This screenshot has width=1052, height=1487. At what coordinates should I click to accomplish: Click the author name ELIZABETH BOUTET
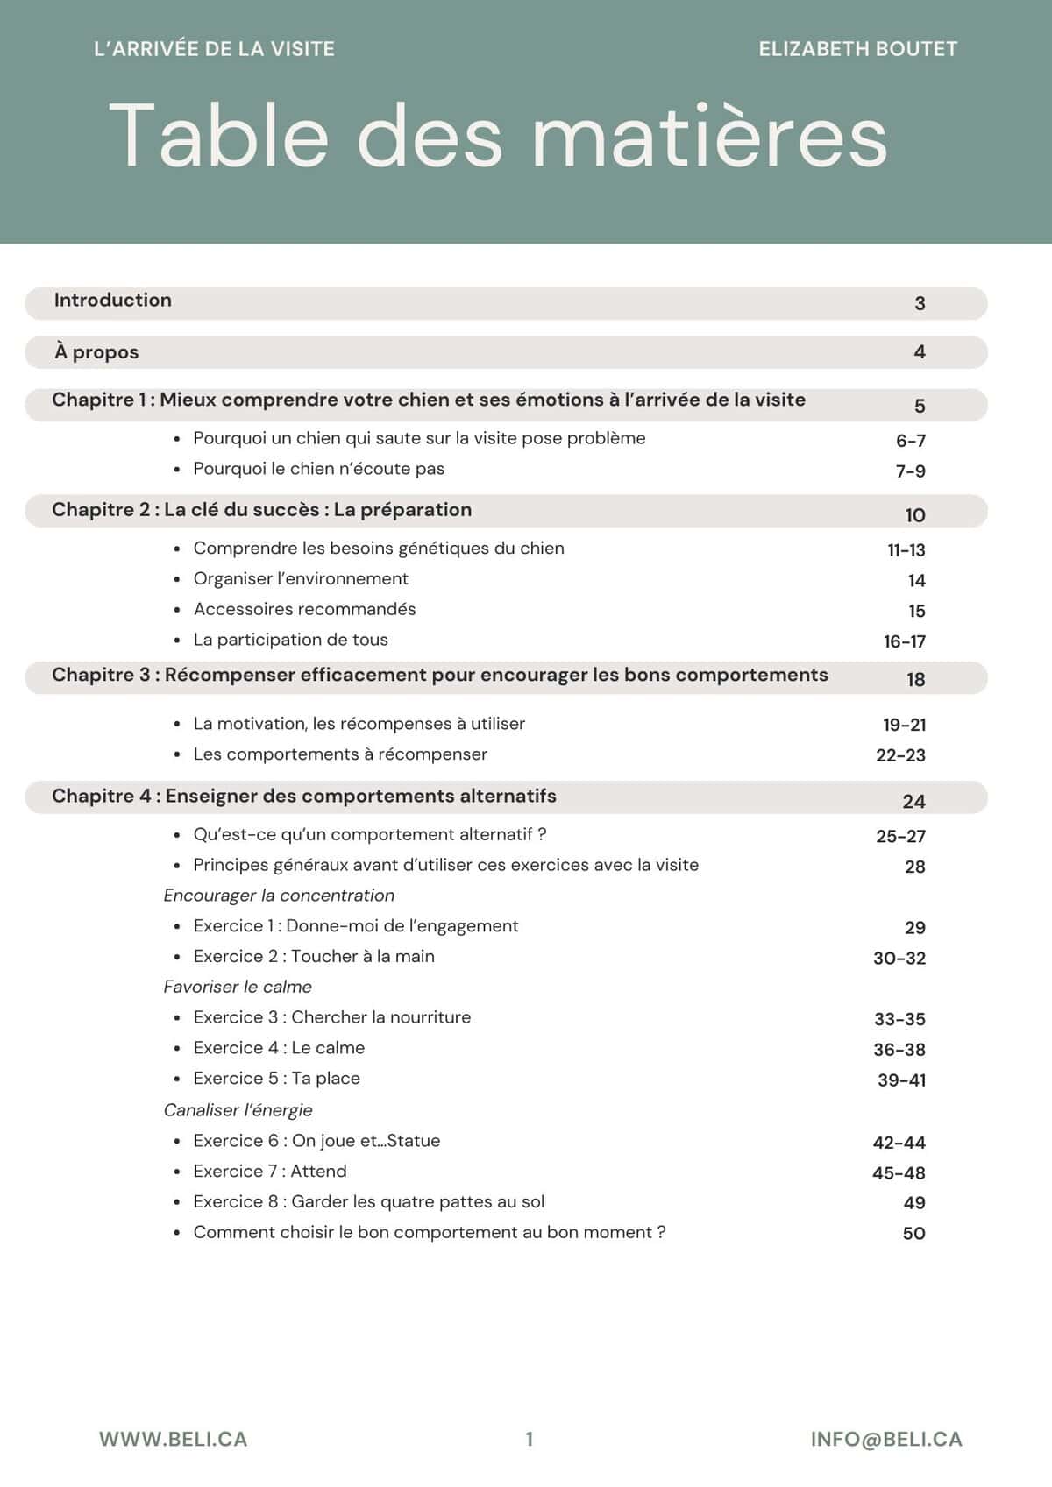857,49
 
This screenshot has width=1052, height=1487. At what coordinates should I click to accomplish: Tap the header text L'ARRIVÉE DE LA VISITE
214,49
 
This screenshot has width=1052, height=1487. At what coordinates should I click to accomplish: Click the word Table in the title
218,135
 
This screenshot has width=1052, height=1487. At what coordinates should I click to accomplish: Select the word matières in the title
709,137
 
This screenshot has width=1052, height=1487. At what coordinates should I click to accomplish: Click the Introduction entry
113,301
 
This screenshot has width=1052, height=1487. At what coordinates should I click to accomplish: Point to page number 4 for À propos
920,352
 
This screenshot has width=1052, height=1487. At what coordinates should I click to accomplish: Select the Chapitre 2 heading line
261,510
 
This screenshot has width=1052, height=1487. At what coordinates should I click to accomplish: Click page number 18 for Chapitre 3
915,680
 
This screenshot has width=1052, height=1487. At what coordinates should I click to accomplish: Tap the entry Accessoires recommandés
304,609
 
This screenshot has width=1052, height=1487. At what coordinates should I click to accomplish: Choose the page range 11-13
906,550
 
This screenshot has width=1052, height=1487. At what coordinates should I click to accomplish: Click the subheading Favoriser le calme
238,987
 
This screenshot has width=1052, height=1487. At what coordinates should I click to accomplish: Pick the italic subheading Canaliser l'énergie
238,1110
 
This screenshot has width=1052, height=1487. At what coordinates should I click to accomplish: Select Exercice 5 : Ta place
276,1079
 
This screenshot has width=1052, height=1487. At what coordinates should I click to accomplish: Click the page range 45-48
899,1173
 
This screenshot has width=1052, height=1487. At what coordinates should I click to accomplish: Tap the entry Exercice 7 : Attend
270,1172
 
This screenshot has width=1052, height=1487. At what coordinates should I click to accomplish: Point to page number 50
913,1234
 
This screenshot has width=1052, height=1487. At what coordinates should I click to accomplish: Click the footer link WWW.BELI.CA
173,1440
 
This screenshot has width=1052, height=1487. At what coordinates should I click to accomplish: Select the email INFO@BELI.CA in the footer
886,1440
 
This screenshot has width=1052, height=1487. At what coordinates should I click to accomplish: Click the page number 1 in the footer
529,1439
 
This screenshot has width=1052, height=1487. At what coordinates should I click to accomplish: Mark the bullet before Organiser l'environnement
177,580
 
